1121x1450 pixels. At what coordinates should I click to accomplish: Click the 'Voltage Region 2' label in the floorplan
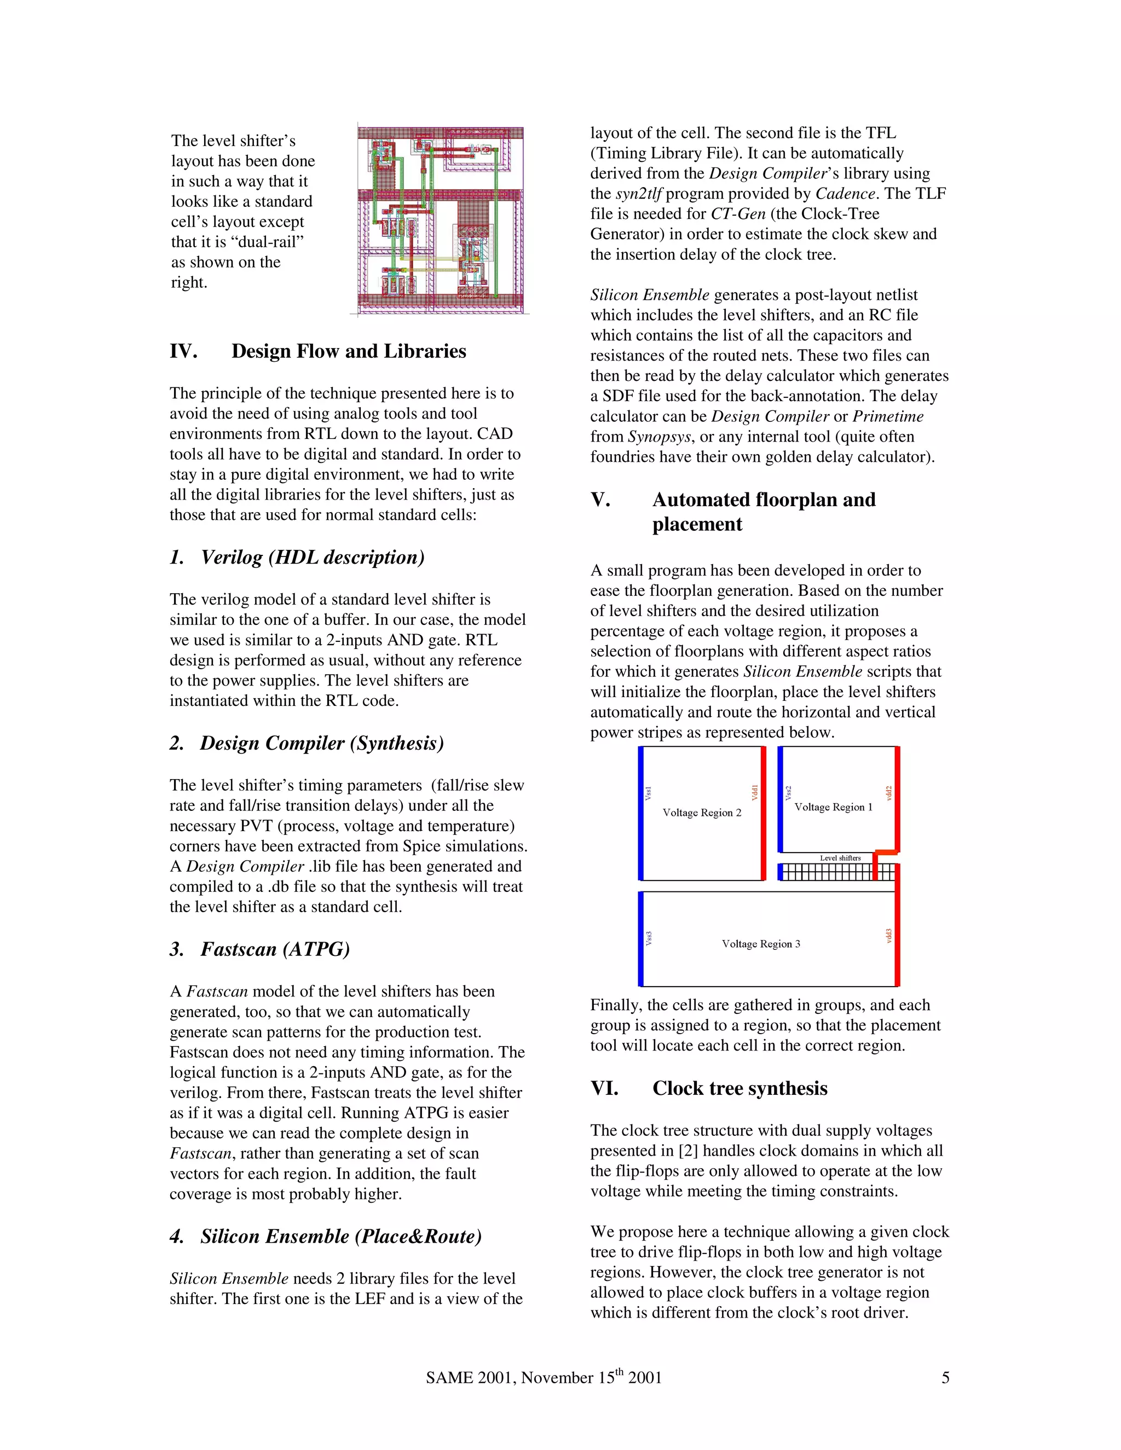point(702,813)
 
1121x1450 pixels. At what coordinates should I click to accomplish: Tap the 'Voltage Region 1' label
point(834,807)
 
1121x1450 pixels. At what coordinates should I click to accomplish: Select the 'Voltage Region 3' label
point(761,943)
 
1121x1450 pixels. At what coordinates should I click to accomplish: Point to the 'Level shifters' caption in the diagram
point(840,858)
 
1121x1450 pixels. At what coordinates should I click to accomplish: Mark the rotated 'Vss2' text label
point(788,793)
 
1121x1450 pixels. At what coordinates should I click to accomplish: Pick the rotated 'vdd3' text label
point(888,936)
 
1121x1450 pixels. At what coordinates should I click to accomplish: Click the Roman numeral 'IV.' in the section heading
point(184,351)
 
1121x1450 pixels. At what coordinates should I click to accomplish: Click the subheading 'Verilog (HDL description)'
point(312,557)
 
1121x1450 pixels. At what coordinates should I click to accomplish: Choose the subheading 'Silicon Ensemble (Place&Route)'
point(340,1236)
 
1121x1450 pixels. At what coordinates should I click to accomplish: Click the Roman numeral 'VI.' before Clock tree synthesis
point(604,1088)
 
